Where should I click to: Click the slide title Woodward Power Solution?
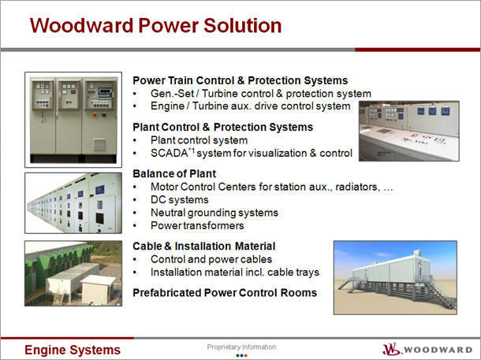tap(155, 25)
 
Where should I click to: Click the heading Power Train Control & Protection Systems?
tap(240, 80)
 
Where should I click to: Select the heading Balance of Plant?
tap(174, 174)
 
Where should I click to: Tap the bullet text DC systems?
tap(180, 200)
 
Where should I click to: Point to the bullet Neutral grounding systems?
tap(214, 213)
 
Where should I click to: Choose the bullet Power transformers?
tap(197, 225)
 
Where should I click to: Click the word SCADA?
tap(169, 153)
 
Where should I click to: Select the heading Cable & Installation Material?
tap(204, 247)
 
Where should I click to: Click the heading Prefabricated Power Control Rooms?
tap(225, 293)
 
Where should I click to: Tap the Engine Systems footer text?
tap(73, 350)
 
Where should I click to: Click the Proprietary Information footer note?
tap(241, 347)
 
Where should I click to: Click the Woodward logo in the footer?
tap(427, 349)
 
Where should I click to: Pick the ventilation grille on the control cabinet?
tap(99, 144)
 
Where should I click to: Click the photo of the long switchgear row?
tap(73, 202)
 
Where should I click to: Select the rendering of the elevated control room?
tap(395, 277)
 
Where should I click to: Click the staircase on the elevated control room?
tap(439, 292)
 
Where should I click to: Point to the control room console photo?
tap(409, 131)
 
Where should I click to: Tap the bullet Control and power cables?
tap(211, 259)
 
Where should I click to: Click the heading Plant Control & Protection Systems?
tap(222, 127)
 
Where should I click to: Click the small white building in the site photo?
tap(98, 289)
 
